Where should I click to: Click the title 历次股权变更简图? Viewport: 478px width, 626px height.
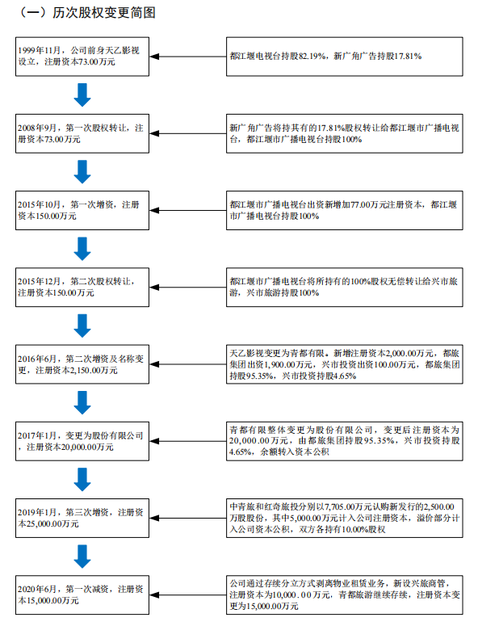coord(103,13)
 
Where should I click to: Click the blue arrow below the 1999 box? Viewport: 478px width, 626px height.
coord(82,95)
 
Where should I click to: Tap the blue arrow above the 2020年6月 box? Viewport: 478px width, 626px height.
coord(82,557)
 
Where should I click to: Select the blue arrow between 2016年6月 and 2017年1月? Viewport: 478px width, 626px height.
coord(82,402)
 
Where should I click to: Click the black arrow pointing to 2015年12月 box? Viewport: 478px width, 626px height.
coord(187,287)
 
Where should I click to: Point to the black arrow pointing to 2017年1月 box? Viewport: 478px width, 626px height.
coord(187,441)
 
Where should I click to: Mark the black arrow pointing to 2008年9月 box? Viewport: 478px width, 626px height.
coord(187,133)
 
